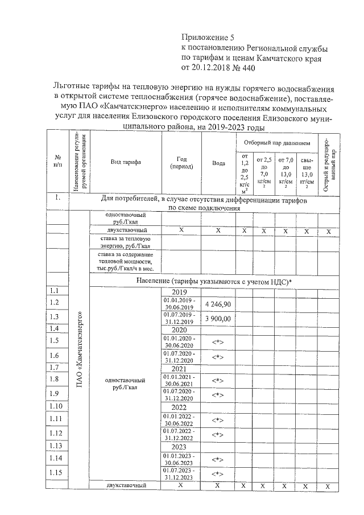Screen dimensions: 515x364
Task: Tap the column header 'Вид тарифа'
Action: coord(125,162)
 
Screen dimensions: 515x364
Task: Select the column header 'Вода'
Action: coord(218,163)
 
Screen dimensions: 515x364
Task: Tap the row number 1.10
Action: coord(56,406)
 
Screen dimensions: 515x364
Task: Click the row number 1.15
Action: coord(56,472)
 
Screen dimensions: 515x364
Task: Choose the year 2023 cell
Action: coord(180,447)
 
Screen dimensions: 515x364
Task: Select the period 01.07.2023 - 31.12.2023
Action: coord(180,473)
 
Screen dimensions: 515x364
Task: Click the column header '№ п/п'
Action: coord(57,160)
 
